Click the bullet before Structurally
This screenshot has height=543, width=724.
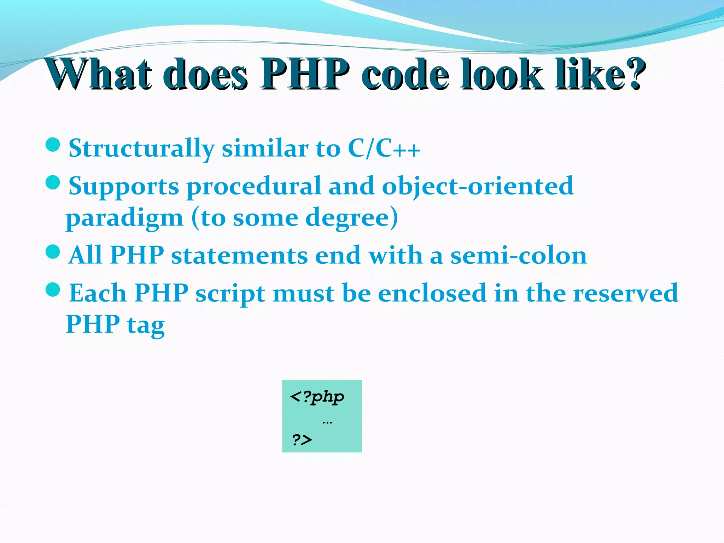click(x=53, y=145)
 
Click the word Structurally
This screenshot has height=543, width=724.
click(x=141, y=148)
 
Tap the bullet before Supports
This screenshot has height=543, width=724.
click(x=53, y=182)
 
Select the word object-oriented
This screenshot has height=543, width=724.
click(x=477, y=186)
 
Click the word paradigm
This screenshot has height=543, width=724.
click(x=124, y=218)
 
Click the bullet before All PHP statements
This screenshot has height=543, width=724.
click(x=53, y=252)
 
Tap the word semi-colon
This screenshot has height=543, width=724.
click(x=518, y=255)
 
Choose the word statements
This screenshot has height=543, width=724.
click(x=239, y=255)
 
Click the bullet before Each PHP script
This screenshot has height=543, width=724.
click(x=53, y=289)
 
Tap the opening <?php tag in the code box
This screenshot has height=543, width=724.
click(x=317, y=397)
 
